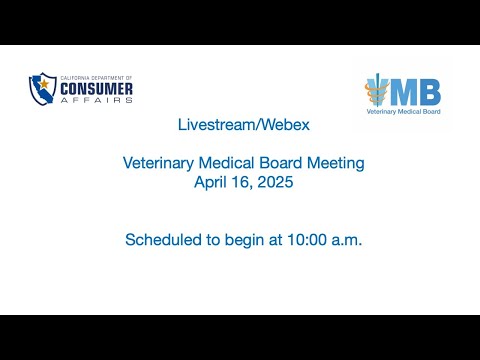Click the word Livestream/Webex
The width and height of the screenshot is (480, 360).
(x=244, y=125)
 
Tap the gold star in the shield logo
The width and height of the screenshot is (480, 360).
(x=44, y=84)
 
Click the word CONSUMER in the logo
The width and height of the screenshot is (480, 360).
(x=96, y=89)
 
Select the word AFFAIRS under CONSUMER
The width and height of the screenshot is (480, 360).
(x=96, y=100)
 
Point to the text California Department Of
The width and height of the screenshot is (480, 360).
(x=96, y=78)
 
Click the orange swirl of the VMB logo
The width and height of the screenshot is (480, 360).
(x=375, y=91)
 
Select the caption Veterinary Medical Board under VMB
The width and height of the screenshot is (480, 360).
(x=403, y=112)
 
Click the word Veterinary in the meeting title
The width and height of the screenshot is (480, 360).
(x=158, y=164)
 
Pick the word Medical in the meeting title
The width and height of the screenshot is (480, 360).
(x=226, y=163)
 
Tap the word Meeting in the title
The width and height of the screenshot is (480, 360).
(x=335, y=164)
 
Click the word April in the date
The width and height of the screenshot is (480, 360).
(x=210, y=183)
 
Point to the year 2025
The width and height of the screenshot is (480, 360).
(x=275, y=182)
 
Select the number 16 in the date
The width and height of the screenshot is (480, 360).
(x=242, y=183)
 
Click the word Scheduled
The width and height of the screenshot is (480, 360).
(x=163, y=240)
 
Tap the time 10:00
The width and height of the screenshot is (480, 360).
(x=307, y=240)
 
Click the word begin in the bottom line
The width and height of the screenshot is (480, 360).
(x=244, y=240)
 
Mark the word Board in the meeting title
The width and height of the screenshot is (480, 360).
(x=281, y=163)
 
